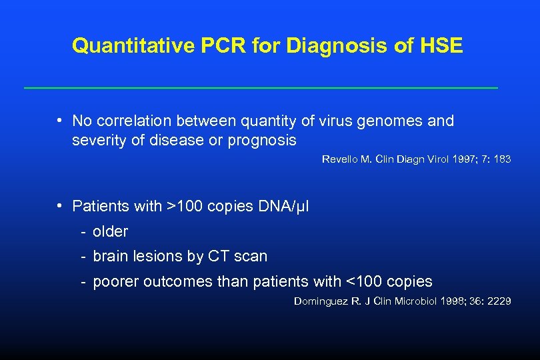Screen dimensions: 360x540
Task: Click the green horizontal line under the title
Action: point(261,88)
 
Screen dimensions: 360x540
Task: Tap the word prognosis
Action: point(262,141)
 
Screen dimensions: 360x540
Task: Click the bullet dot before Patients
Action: point(60,206)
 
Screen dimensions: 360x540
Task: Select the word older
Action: point(110,232)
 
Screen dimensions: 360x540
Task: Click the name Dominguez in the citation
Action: point(320,301)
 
